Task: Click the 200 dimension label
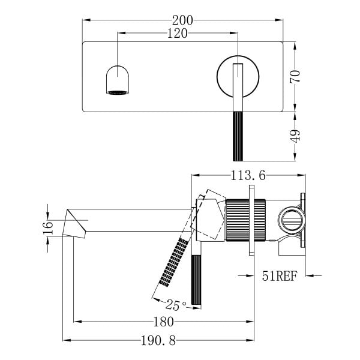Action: pos(182,20)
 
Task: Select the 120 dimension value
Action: pos(177,34)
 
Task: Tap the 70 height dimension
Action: pos(295,76)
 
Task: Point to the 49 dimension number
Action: pos(295,136)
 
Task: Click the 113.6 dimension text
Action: pos(248,176)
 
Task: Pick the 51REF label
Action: pos(280,276)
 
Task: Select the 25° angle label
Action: pos(176,305)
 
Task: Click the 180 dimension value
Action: pos(163,322)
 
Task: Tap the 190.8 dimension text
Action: pos(158,340)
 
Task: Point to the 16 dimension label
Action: pos(48,227)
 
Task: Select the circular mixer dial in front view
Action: pos(238,76)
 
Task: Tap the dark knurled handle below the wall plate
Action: pos(238,136)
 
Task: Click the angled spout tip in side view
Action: pos(74,224)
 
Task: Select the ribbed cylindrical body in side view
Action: pos(245,220)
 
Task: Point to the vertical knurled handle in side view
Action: pos(196,280)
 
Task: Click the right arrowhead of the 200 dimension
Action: pos(279,20)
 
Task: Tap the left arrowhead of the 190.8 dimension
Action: pos(67,340)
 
